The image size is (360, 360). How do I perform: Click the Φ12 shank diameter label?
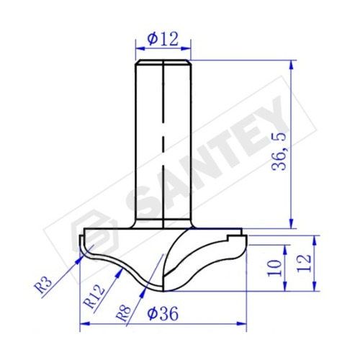[x=163, y=40]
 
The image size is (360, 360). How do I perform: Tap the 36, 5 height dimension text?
[x=279, y=151]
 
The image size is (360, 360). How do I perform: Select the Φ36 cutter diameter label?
[x=163, y=313]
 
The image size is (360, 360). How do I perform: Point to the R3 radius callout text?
[x=44, y=285]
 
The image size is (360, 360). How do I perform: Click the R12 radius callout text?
[x=94, y=297]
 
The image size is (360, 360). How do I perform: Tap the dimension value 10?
[x=275, y=268]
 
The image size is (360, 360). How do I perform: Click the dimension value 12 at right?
[x=304, y=263]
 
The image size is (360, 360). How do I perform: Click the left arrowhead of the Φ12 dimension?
[x=140, y=48]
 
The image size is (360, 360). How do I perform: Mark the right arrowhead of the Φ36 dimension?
[x=242, y=324]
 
